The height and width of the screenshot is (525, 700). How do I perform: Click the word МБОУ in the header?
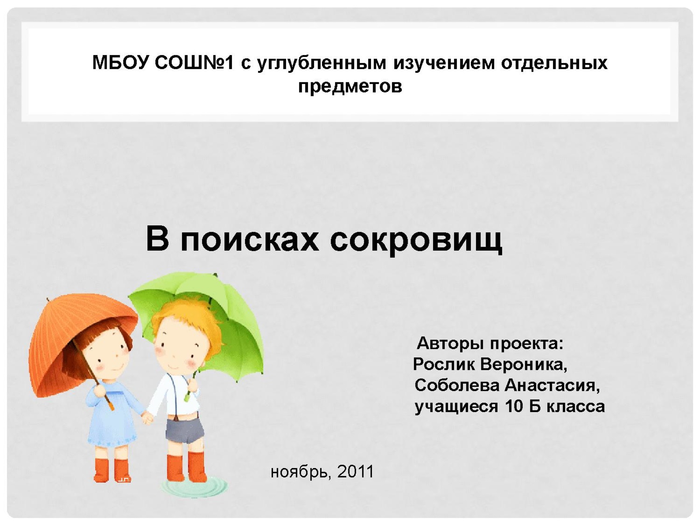click(x=120, y=63)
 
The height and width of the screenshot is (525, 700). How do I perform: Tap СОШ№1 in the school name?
click(x=194, y=63)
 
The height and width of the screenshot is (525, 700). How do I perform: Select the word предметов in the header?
click(x=350, y=86)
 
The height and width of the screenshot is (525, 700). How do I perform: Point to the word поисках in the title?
click(x=249, y=239)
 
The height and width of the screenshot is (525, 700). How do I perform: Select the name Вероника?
click(x=523, y=364)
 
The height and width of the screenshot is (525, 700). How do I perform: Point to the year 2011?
click(x=355, y=472)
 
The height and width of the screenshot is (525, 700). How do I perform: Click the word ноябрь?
click(x=299, y=472)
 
